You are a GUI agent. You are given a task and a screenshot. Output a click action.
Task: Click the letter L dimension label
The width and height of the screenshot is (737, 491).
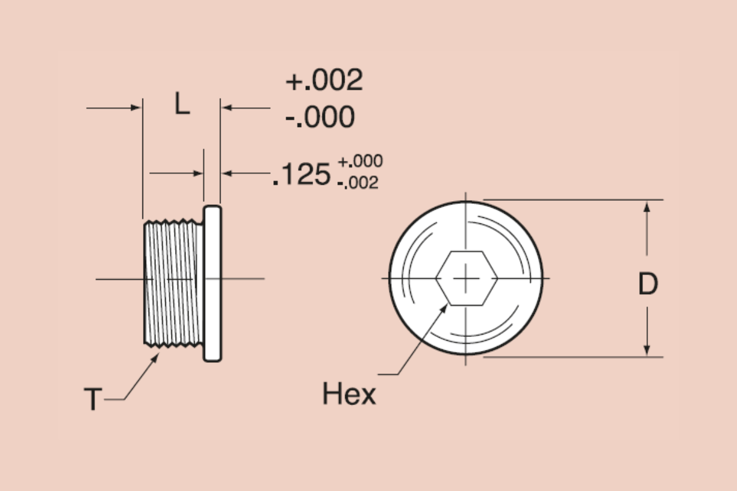(182, 105)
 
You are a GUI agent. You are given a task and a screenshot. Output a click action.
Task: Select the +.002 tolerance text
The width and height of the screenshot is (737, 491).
(324, 80)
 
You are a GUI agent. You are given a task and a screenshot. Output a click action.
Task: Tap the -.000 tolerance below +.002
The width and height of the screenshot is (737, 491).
(320, 117)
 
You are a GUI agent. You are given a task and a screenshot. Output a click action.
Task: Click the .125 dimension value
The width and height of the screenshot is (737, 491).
(302, 175)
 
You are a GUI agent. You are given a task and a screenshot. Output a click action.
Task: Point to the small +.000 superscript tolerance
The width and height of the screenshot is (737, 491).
(360, 161)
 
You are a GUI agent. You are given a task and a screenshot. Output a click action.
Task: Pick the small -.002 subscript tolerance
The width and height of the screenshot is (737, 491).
(357, 183)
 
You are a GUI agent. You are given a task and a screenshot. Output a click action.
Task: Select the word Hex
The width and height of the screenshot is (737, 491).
(348, 394)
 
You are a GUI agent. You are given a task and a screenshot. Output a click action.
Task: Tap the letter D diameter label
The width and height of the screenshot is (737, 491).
(647, 284)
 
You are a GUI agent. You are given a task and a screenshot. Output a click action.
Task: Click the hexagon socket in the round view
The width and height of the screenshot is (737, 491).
(466, 278)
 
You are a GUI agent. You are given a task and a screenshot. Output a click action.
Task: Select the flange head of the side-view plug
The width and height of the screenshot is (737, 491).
(213, 283)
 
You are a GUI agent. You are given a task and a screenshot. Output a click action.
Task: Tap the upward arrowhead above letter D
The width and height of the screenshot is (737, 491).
(647, 206)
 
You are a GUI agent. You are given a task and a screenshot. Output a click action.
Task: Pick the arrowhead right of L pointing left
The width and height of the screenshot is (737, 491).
(227, 108)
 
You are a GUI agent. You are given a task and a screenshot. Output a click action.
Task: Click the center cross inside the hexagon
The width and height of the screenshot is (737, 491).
(466, 278)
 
